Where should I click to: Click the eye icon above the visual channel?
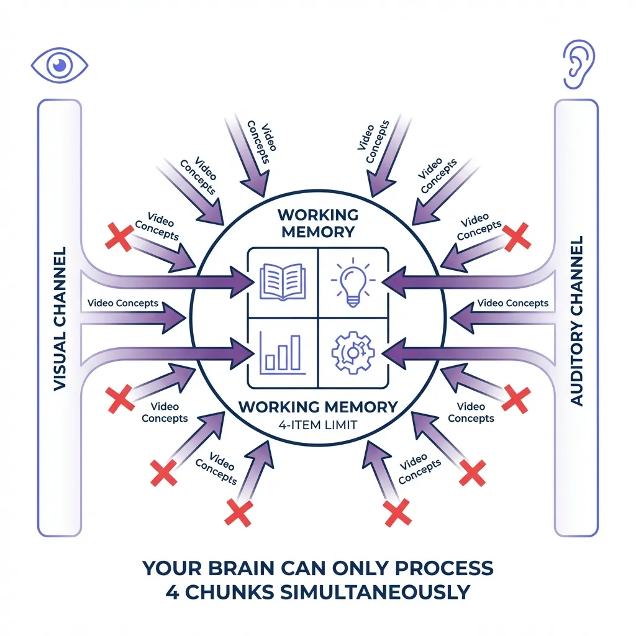[59, 64]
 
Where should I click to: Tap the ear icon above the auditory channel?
[576, 64]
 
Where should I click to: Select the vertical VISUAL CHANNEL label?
[60, 319]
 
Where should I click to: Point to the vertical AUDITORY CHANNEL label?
[576, 320]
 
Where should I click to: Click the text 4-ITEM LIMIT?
[317, 425]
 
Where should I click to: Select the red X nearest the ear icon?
[517, 236]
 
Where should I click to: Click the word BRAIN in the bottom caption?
[236, 568]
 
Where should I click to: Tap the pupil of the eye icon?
[59, 64]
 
